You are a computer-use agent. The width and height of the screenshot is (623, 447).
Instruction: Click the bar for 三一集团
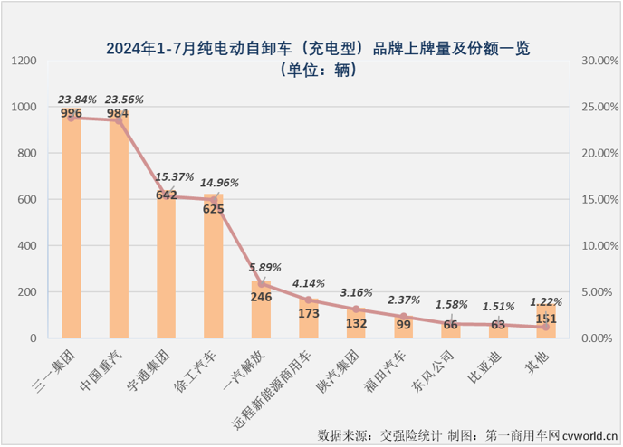click(72, 226)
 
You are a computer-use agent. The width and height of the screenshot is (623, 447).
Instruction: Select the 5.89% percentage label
click(264, 269)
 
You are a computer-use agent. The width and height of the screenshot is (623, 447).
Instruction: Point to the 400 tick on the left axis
click(27, 245)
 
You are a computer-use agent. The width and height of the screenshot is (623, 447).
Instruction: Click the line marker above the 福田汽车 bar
click(403, 317)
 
